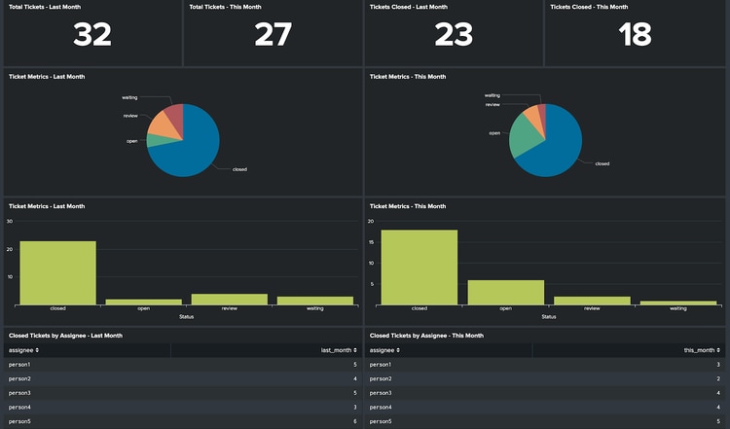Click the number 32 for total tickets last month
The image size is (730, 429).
point(92,35)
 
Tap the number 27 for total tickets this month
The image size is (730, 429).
point(274,35)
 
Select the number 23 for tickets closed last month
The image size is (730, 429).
point(454,35)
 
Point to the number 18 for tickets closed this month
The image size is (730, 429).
point(636,35)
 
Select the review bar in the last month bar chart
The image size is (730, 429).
point(230,299)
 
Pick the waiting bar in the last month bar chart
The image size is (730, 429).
point(314,301)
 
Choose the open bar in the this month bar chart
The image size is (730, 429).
point(505,292)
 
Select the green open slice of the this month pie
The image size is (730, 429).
point(526,141)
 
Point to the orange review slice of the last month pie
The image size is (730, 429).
point(158,124)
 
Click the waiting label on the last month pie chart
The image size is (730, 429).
point(129,97)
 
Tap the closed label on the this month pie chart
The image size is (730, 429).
point(602,163)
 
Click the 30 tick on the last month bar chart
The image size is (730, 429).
point(10,221)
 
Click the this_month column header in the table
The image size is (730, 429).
point(701,349)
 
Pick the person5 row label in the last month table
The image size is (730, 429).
point(19,420)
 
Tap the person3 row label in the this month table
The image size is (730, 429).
point(382,392)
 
